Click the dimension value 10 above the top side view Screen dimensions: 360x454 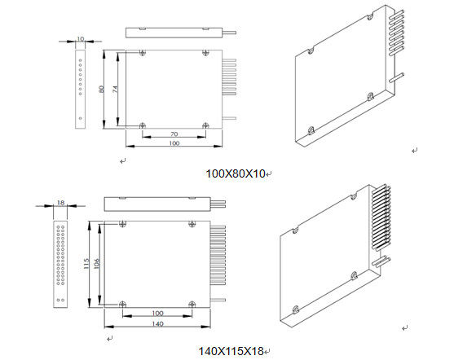click(x=80, y=38)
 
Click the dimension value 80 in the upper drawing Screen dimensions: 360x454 click(x=101, y=90)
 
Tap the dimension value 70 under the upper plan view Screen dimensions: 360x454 click(x=174, y=134)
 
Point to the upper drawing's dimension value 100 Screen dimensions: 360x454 click(x=174, y=143)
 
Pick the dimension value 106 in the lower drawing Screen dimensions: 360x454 click(x=98, y=265)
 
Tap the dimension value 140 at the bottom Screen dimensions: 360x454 click(x=156, y=323)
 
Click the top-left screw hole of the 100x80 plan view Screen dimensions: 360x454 click(x=143, y=53)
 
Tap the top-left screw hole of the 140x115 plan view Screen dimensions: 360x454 click(x=121, y=227)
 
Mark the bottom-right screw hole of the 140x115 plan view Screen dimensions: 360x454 click(x=192, y=304)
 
